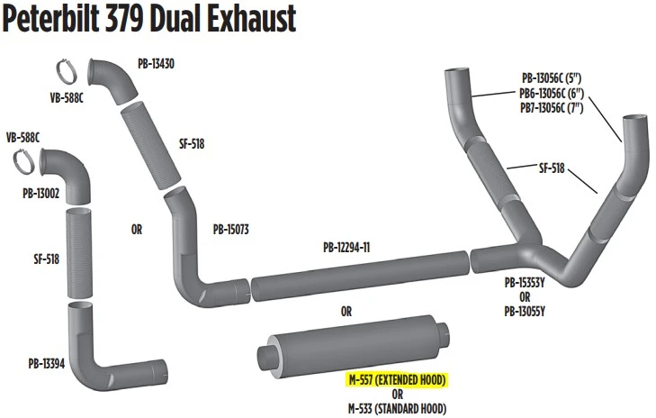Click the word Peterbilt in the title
(x=50, y=18)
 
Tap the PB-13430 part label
(x=156, y=64)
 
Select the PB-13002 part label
(x=41, y=193)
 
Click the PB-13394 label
(x=47, y=364)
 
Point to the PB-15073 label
(x=231, y=230)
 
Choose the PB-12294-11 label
(x=346, y=248)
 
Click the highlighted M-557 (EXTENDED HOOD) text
(x=398, y=380)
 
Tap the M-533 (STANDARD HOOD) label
(x=398, y=408)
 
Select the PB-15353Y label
(x=525, y=283)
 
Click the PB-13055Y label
(x=525, y=312)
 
